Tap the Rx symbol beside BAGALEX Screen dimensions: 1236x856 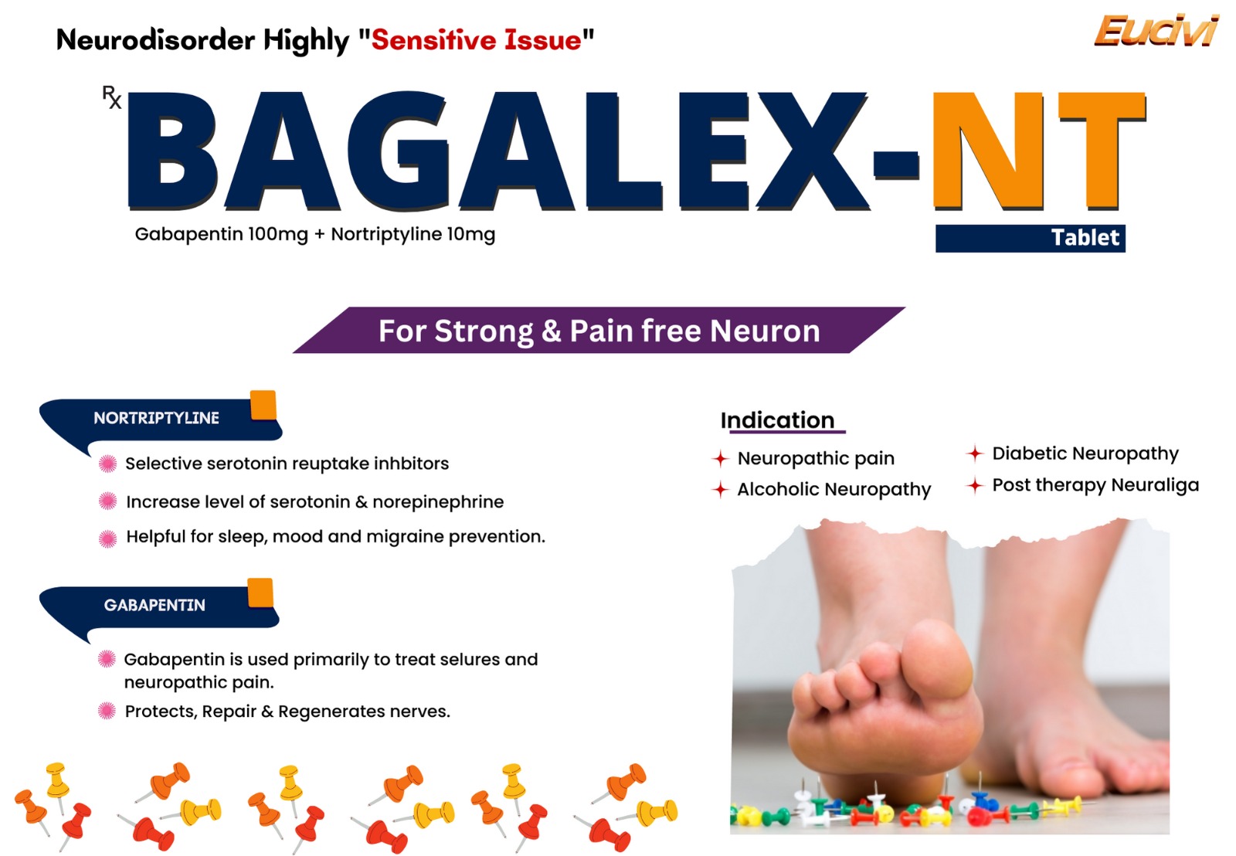tap(112, 97)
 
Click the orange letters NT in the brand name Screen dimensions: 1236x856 tap(1038, 151)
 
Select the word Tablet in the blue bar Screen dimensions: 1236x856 tap(1085, 238)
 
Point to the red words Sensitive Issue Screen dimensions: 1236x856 tap(476, 39)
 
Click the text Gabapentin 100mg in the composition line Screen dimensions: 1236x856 tap(221, 235)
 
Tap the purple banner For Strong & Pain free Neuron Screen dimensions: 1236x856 tap(599, 330)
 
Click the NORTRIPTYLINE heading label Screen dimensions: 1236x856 tap(156, 418)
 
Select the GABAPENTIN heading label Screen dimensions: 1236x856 tap(154, 605)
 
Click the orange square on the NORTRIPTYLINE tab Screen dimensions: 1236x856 tap(263, 405)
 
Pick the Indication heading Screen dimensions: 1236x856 tap(777, 420)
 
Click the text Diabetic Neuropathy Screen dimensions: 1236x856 tap(1085, 453)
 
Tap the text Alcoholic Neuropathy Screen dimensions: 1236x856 tap(834, 490)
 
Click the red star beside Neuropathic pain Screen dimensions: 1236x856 tap(720, 458)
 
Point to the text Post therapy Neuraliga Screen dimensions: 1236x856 tap(1095, 485)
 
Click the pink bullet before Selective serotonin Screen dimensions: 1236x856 tap(107, 464)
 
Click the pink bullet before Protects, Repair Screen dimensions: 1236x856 tap(107, 711)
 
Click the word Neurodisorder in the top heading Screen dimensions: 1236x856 tap(155, 39)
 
